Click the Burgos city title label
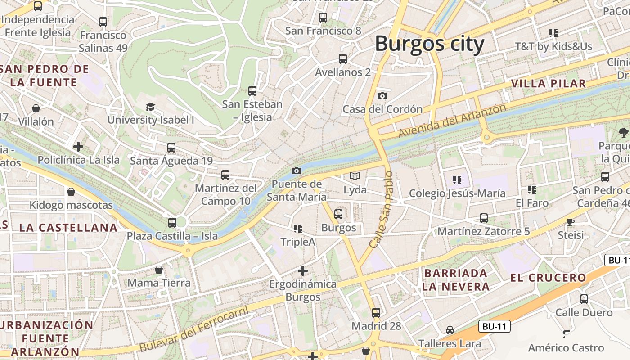click(x=429, y=44)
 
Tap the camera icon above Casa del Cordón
click(x=382, y=96)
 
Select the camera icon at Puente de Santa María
click(x=297, y=171)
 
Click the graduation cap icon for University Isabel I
click(x=150, y=107)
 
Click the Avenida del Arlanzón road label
click(x=452, y=121)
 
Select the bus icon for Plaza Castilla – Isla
click(x=172, y=222)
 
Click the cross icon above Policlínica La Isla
click(x=78, y=146)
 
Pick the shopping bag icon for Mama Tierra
click(x=159, y=270)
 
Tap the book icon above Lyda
click(x=355, y=176)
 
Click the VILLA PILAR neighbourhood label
click(x=549, y=83)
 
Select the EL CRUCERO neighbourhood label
click(x=548, y=278)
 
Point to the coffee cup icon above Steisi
click(x=571, y=222)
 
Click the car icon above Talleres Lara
click(x=450, y=330)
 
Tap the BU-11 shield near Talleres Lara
click(x=494, y=327)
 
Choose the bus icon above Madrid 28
click(x=376, y=312)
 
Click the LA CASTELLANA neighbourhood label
click(x=68, y=228)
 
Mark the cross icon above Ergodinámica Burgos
click(x=303, y=270)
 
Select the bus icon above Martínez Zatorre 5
click(x=484, y=218)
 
